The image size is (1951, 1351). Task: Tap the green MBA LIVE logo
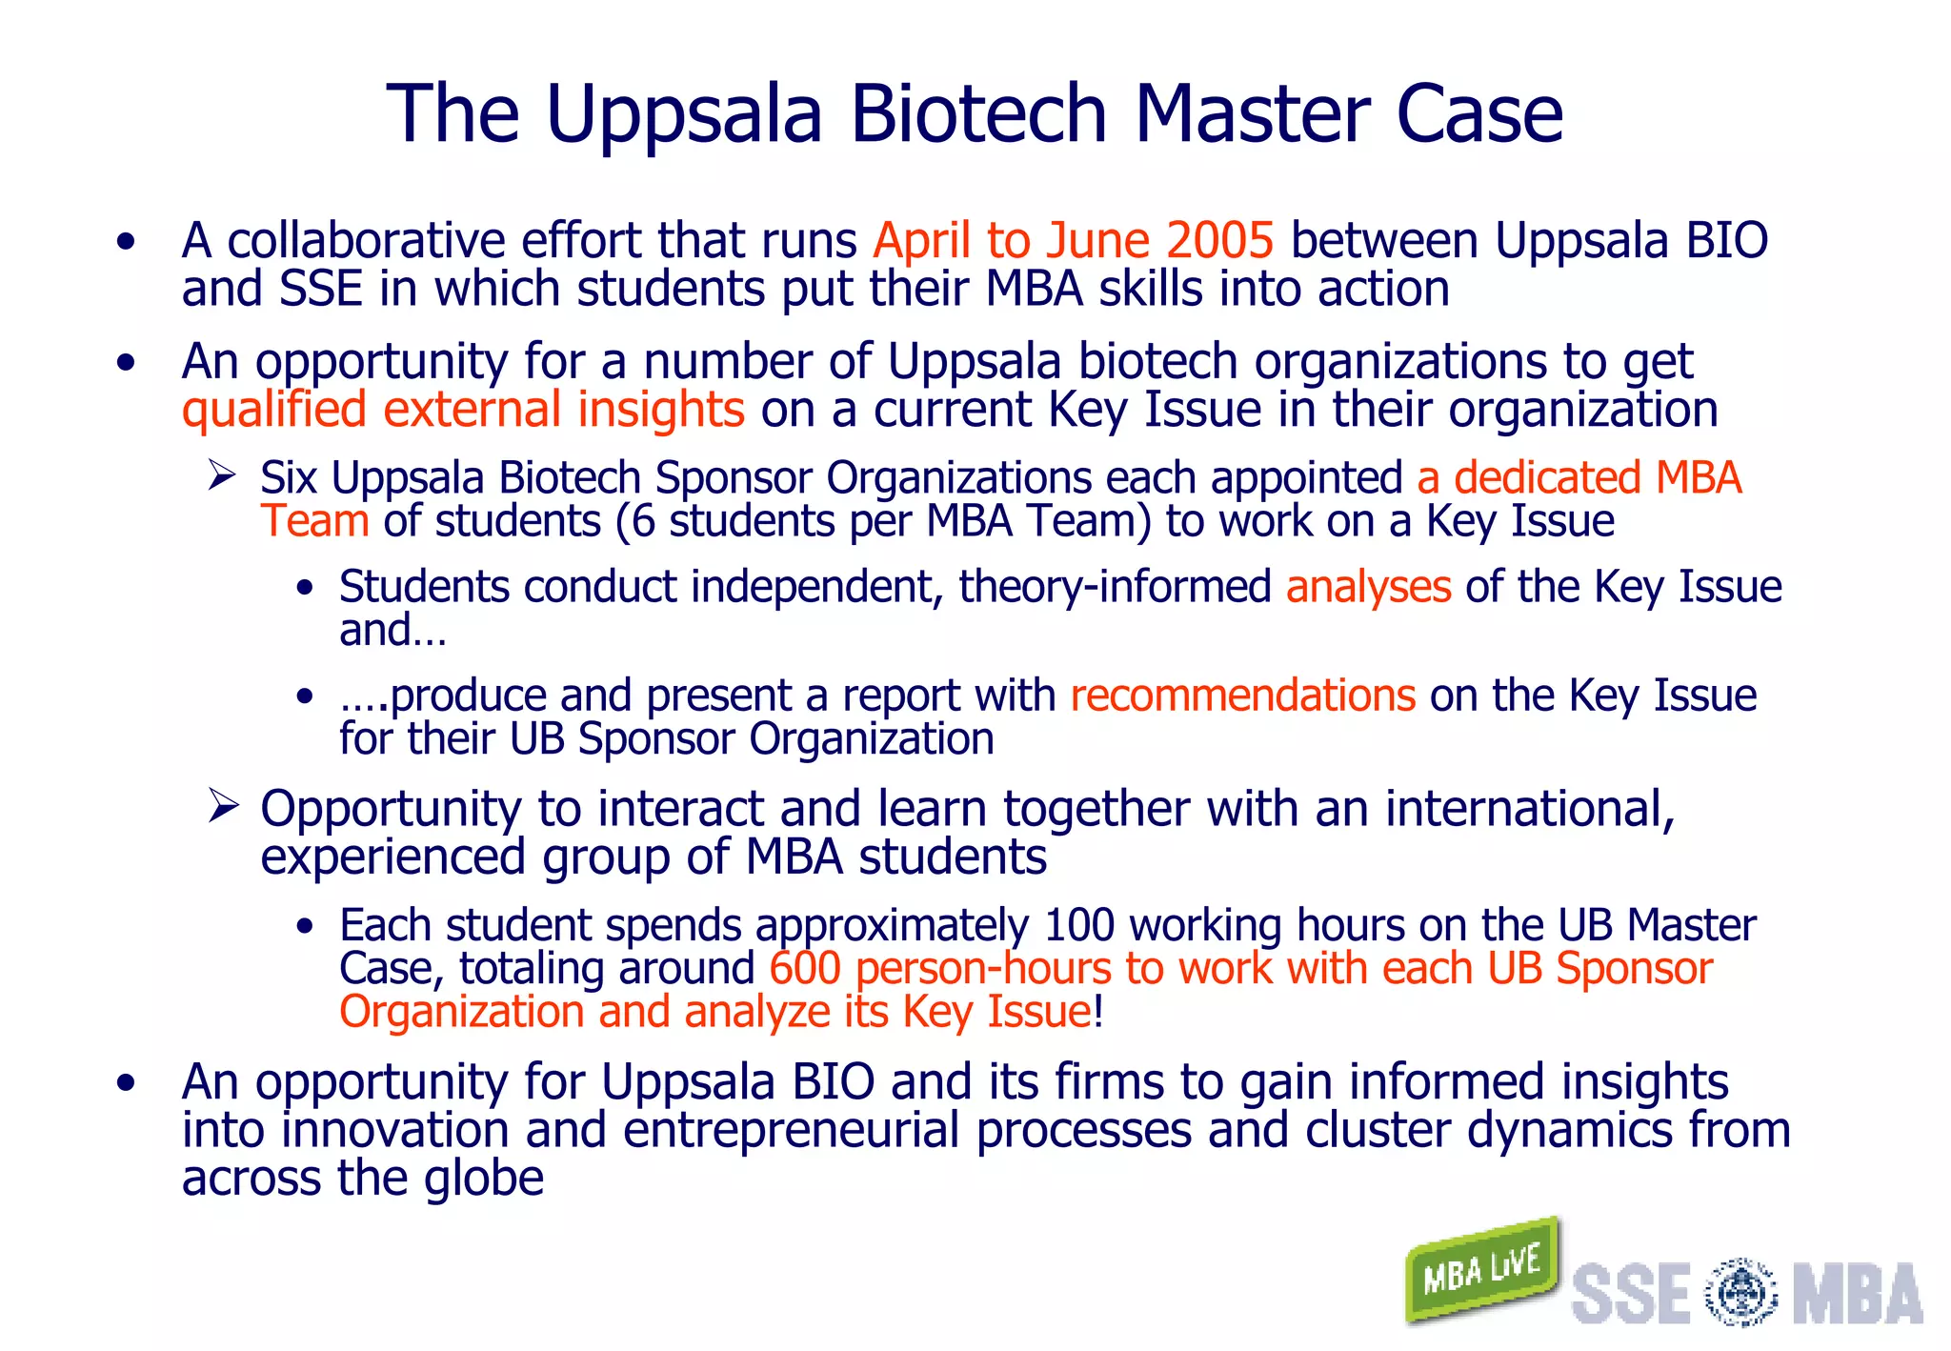[1481, 1270]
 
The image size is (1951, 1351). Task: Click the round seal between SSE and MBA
[1740, 1292]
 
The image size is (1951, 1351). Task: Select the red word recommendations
[1242, 696]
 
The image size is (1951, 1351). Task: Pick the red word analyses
[1368, 587]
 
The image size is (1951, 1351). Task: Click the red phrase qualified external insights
[463, 411]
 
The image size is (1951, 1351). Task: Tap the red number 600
[805, 969]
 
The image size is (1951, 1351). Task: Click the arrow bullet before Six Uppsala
[222, 474]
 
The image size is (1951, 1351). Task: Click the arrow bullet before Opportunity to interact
[222, 806]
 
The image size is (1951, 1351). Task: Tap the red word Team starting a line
[314, 521]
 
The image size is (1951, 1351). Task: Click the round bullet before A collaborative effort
[126, 242]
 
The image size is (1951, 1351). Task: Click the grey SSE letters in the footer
[1630, 1293]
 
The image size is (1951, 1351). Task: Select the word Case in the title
[1478, 113]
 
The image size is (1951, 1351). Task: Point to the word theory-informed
[1115, 587]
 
